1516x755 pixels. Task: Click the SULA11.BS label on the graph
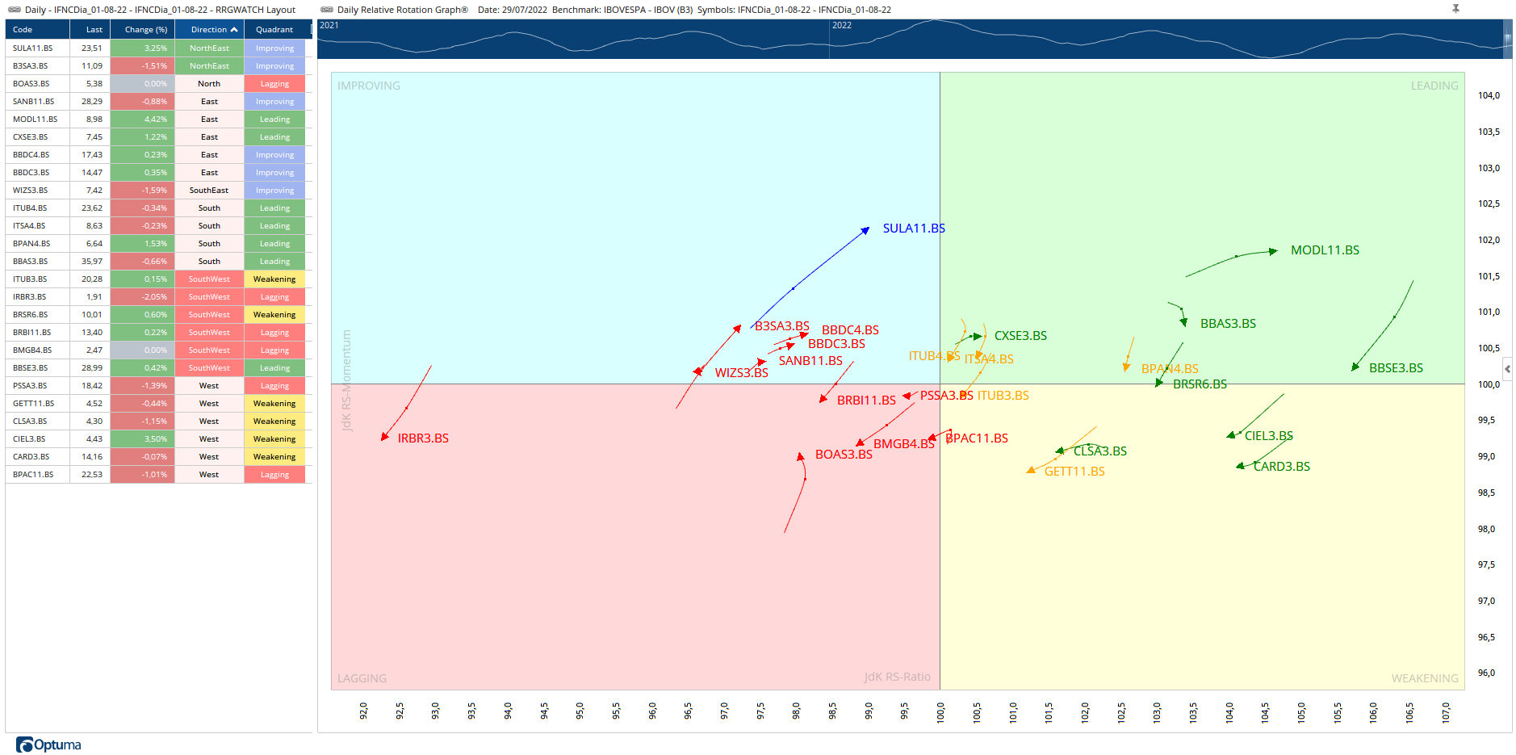tap(913, 229)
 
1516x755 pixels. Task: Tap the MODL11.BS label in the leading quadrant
tap(1325, 250)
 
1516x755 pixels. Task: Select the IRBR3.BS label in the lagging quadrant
tap(423, 438)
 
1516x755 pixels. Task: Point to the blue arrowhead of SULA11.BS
tap(865, 230)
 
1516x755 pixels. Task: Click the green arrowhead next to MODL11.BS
tap(1273, 251)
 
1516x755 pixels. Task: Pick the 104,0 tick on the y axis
tap(1489, 95)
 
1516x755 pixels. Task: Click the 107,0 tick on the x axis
tap(1446, 711)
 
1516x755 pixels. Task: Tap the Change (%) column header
tap(146, 30)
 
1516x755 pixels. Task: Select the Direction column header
tap(213, 30)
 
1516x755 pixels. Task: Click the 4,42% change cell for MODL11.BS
tap(144, 120)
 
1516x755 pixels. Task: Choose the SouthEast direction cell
tap(209, 191)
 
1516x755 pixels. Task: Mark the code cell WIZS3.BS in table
tap(31, 191)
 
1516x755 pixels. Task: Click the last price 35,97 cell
tap(91, 262)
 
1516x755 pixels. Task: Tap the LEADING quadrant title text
tap(1434, 86)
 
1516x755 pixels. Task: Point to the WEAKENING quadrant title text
tap(1424, 678)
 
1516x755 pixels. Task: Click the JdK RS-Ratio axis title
tap(897, 677)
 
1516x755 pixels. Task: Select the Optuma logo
tap(49, 745)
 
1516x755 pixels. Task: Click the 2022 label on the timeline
tap(842, 25)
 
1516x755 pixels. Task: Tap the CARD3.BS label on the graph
tap(1281, 467)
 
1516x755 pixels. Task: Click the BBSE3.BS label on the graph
tap(1396, 368)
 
